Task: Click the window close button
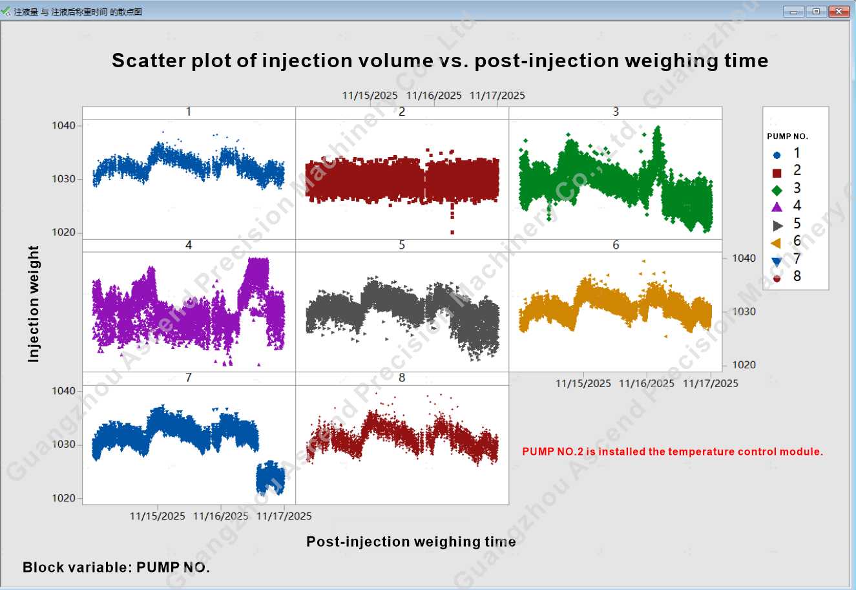pos(839,12)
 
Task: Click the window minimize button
pos(793,12)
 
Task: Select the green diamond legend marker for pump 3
pos(777,190)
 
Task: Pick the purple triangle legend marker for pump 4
pos(777,207)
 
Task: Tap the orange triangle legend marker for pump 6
pos(777,243)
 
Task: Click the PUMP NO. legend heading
pos(787,136)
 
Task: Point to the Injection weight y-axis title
pos(34,303)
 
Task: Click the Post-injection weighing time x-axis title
pos(411,542)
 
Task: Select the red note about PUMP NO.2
pos(672,452)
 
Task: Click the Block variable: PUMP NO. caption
pos(116,567)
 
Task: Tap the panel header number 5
pos(402,245)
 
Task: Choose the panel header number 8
pos(402,377)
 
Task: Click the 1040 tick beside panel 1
pos(63,125)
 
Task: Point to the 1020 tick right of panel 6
pos(744,365)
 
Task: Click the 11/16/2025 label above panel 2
pos(433,96)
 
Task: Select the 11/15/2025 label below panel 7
pos(157,516)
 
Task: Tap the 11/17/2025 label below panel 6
pos(710,383)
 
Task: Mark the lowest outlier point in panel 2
pos(452,232)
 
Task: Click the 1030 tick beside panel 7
pos(63,445)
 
